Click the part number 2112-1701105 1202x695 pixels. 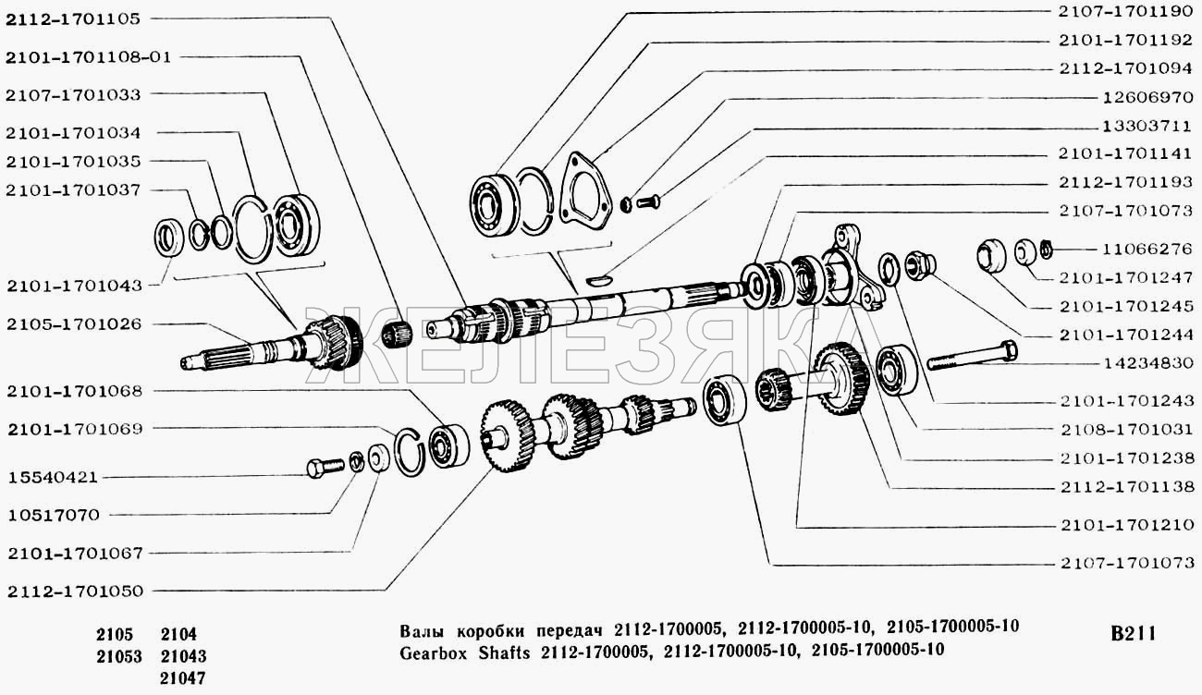point(73,19)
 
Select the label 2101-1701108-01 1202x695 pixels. point(89,57)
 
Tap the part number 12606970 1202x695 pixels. point(1147,98)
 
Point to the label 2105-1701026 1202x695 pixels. point(74,324)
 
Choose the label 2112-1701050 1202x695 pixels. point(76,591)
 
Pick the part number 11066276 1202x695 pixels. point(1147,250)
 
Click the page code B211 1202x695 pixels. point(1134,634)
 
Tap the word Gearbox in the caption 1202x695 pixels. point(435,653)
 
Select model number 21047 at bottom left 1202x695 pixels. point(182,678)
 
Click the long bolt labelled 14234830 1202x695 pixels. point(972,356)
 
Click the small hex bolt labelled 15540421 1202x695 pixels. point(325,467)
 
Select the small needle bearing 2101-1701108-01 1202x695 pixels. point(397,333)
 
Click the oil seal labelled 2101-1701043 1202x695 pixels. point(169,237)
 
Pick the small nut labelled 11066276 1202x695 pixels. point(1045,250)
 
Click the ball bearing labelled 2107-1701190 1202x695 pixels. point(495,205)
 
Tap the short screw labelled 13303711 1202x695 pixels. point(648,202)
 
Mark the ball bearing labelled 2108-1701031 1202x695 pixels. point(897,370)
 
